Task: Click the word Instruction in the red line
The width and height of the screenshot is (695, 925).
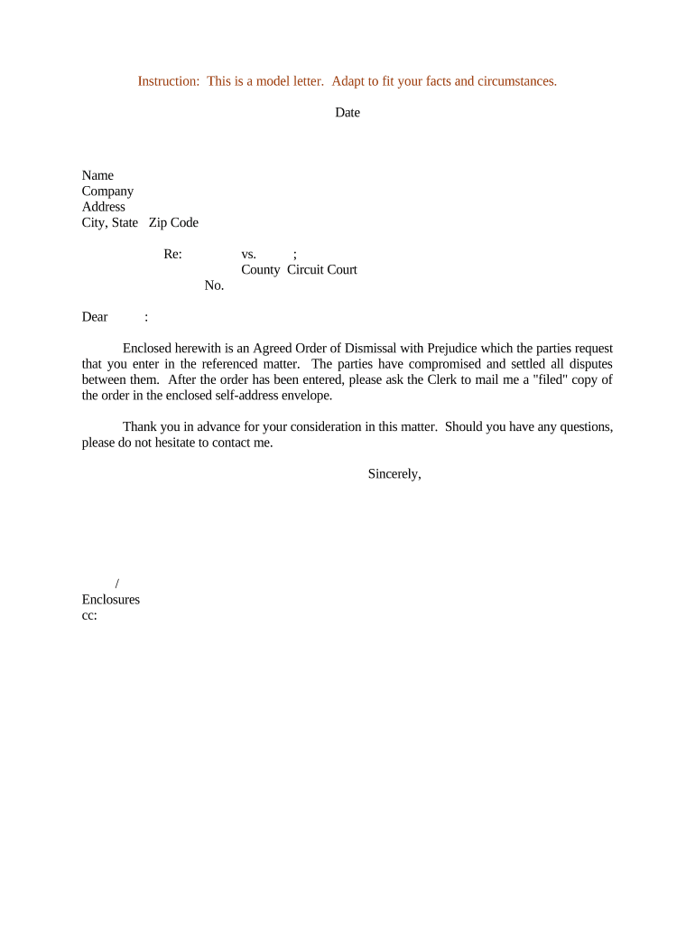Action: point(168,81)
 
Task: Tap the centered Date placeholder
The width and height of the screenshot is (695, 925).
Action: point(347,113)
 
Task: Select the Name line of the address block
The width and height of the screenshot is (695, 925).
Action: point(97,175)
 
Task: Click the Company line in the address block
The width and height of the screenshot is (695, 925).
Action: point(107,192)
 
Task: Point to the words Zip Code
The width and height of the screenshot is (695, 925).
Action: point(173,223)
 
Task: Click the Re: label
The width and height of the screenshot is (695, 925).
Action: point(173,255)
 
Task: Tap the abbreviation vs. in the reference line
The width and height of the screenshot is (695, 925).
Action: point(249,255)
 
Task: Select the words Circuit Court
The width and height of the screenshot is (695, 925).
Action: point(322,270)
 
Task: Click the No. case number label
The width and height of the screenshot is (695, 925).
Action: point(214,285)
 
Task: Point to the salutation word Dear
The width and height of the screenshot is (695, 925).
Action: point(95,317)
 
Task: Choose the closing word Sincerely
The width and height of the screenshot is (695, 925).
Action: point(394,474)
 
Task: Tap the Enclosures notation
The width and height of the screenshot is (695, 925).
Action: point(111,600)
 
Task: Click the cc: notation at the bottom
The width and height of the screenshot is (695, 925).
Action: point(89,615)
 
